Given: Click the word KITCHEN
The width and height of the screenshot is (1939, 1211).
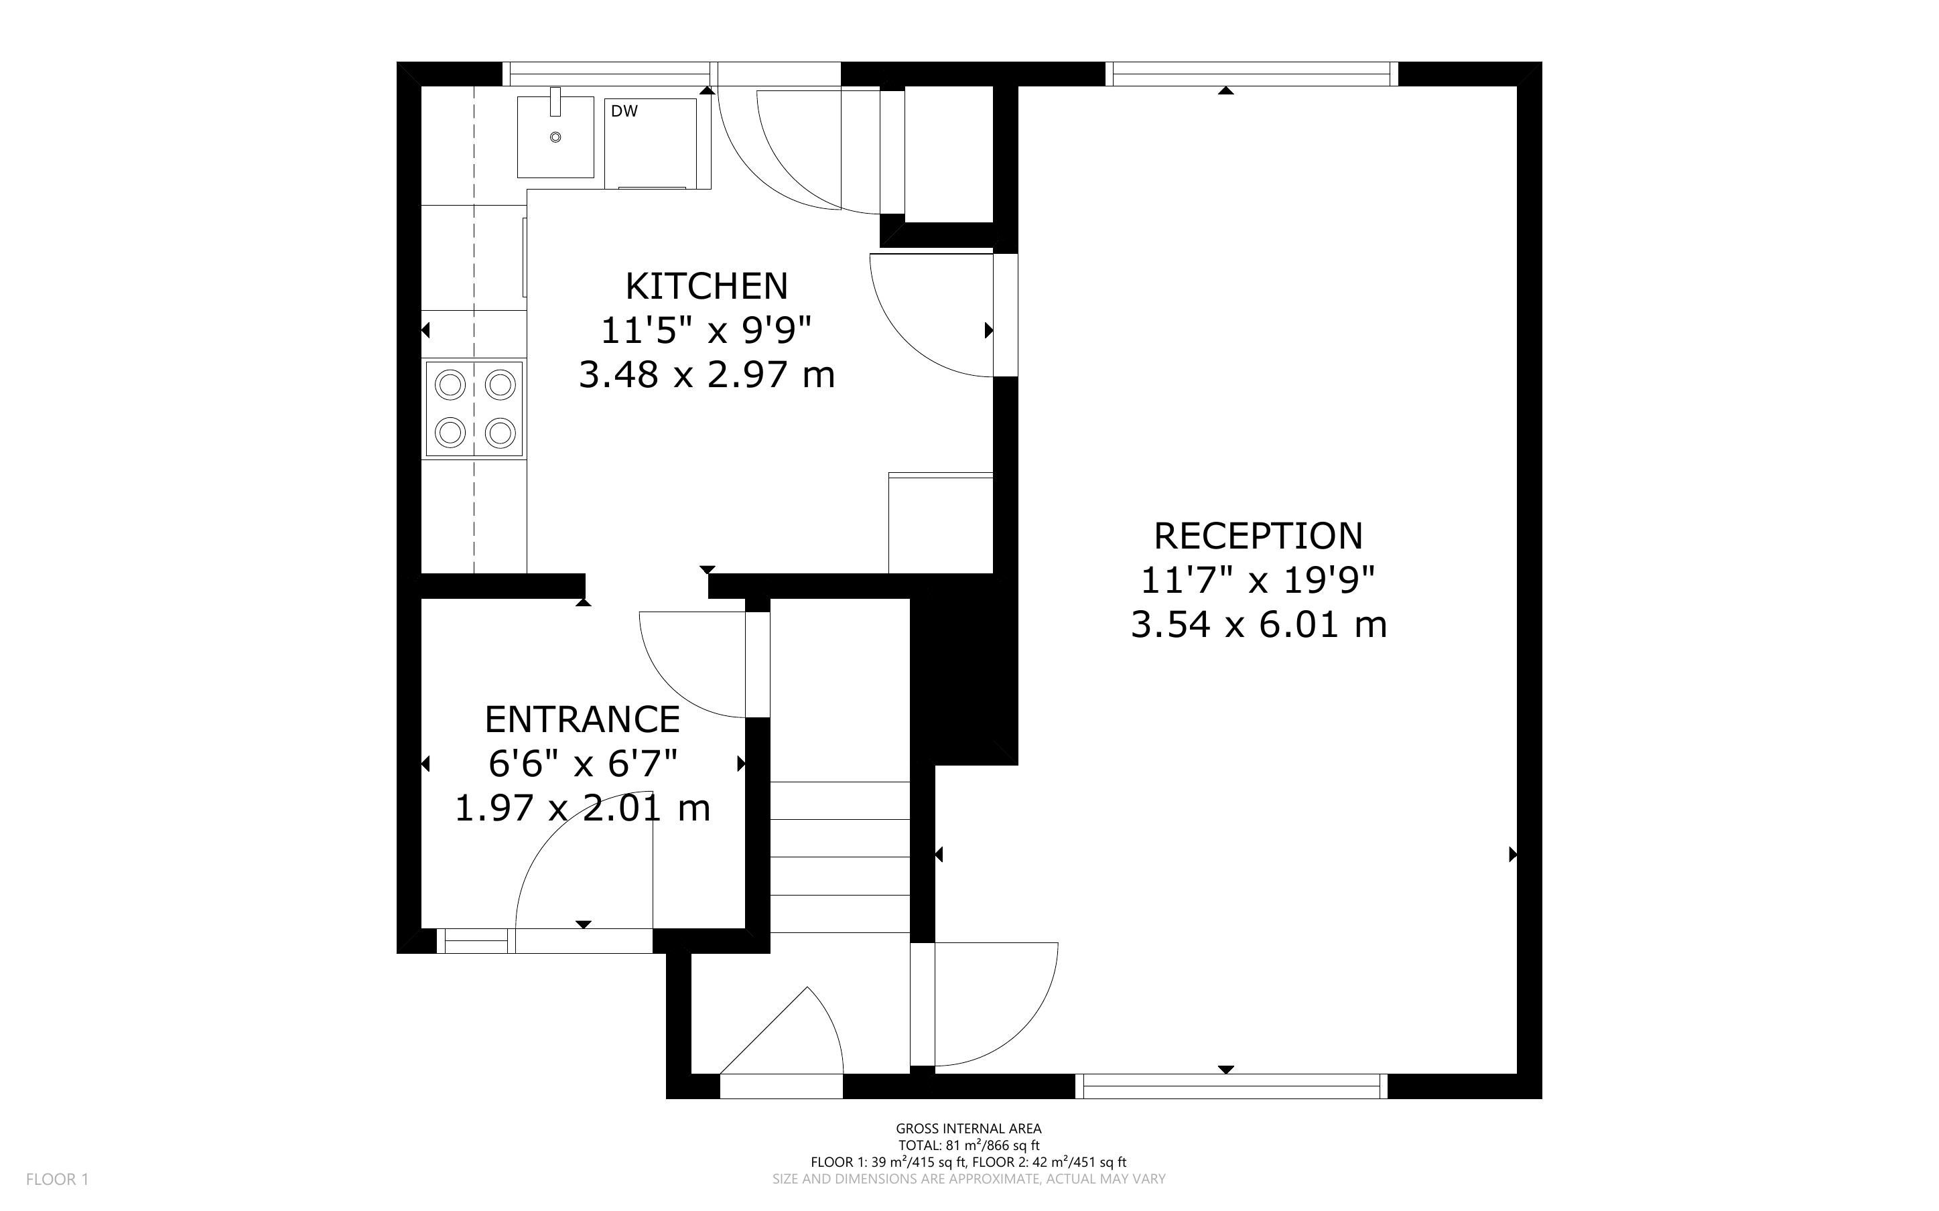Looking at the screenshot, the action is [706, 286].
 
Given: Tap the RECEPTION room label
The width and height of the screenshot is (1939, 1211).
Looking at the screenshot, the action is [1258, 536].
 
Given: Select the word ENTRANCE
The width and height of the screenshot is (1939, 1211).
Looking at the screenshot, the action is [582, 719].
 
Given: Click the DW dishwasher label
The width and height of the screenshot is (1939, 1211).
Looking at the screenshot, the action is [624, 111].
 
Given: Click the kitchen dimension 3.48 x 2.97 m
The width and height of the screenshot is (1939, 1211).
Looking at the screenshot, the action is [706, 374].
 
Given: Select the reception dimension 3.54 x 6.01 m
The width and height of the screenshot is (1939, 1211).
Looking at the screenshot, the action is [1258, 624].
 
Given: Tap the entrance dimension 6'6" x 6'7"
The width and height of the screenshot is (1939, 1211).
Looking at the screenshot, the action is [582, 764].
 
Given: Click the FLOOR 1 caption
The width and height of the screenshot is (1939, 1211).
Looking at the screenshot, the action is [58, 1179].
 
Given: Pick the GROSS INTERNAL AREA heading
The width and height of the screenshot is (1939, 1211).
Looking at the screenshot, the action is [968, 1129].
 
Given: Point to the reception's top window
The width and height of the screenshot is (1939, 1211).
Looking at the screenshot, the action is [1252, 74].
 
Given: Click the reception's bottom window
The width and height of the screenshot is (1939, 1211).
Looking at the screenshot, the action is [1231, 1086].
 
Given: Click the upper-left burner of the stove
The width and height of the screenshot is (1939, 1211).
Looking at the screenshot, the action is [450, 385].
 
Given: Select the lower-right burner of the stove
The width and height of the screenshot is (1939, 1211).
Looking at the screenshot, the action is [500, 433].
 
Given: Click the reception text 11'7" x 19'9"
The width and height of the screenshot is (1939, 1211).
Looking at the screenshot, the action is [1258, 580].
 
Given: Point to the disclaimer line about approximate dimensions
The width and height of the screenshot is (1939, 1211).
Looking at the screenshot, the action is [968, 1179].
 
